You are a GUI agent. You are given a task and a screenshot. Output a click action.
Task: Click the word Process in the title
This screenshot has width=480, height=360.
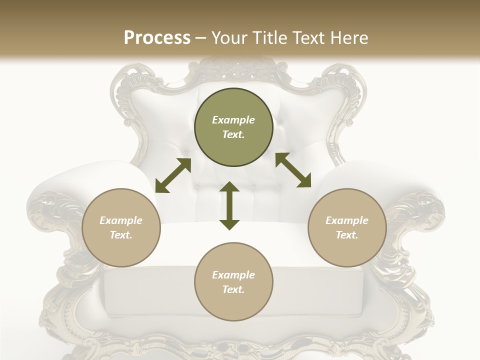coord(157,38)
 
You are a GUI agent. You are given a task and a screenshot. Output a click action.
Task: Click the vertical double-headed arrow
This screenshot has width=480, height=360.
coord(229,205)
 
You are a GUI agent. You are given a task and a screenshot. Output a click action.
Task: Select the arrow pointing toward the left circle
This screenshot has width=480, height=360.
coord(173,175)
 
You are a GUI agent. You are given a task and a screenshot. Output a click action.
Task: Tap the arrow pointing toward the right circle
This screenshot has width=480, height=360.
coord(293,170)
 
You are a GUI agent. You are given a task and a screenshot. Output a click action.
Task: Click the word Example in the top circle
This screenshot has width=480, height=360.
coord(233,120)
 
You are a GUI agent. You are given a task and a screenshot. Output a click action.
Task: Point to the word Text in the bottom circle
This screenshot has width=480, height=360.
coord(233,289)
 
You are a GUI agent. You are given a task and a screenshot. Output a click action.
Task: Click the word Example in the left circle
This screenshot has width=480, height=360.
coord(121,220)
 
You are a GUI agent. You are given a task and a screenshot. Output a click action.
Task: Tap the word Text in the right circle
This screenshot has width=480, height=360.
coord(347,235)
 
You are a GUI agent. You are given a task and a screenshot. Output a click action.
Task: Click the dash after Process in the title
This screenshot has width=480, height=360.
coord(200,38)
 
